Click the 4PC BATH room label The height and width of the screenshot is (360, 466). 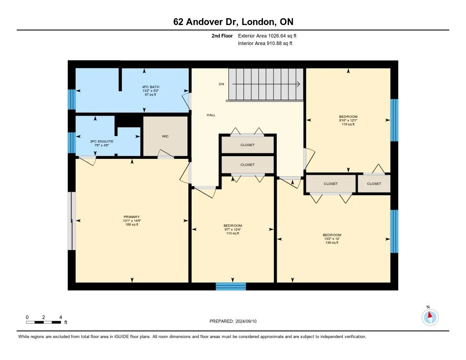151,87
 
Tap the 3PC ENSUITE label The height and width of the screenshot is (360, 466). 101,141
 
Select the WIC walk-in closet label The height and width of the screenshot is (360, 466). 165,136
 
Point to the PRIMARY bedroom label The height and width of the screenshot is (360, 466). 132,217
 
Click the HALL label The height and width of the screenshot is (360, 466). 211,115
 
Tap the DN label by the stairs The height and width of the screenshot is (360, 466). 222,84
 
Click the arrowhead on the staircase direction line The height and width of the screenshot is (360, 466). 298,84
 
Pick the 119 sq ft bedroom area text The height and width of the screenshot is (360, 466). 348,124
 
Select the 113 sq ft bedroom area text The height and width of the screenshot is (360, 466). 233,233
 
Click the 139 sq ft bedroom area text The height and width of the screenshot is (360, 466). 332,243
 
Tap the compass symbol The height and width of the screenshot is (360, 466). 430,317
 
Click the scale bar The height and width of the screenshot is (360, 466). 44,322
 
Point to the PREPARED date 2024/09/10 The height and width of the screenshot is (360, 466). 233,321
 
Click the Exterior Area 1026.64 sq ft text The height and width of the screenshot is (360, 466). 267,35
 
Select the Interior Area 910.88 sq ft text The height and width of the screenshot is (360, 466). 265,43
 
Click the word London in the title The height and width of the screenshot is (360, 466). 258,22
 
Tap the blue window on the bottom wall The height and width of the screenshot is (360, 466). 231,286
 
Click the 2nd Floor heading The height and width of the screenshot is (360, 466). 222,35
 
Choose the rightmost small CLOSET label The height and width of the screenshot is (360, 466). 374,184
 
